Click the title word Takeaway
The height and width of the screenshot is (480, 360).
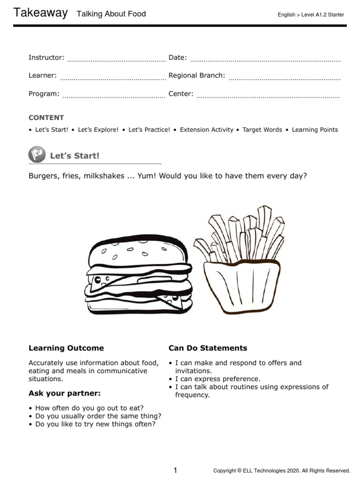coord(41,13)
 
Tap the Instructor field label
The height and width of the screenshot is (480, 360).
coord(46,58)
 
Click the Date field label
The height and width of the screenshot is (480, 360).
coord(178,58)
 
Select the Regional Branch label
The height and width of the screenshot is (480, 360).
coord(197,75)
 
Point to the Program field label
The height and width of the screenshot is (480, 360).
coord(44,94)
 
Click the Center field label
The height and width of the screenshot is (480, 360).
coord(181,94)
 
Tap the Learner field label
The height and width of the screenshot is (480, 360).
coord(43,75)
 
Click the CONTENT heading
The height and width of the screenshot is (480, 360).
coord(46,118)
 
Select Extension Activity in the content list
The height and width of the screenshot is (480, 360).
coord(206,130)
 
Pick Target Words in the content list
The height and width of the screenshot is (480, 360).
coord(262,130)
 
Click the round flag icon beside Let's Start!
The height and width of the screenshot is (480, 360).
coord(37,154)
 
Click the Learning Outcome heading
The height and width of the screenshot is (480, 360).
coord(66,348)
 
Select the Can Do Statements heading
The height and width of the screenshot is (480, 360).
coord(208,348)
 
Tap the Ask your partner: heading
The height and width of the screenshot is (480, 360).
coord(65,393)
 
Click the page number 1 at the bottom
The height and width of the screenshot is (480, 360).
coord(175,470)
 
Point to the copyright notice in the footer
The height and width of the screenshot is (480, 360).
coord(281,471)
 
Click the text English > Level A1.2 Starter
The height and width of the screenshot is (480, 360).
coord(311,15)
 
